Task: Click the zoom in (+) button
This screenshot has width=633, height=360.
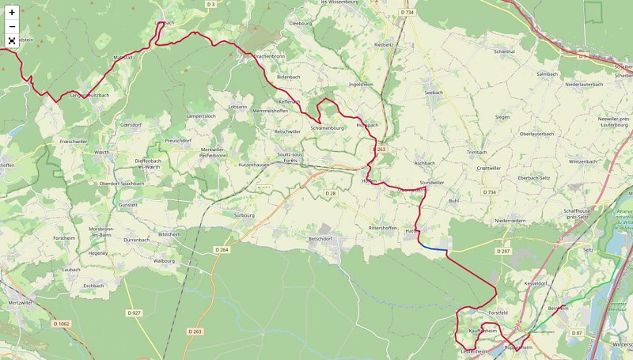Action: click(12, 12)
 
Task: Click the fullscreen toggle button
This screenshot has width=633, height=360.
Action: click(12, 40)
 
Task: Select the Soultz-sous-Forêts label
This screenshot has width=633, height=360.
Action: click(290, 157)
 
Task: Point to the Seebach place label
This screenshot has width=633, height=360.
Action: click(434, 93)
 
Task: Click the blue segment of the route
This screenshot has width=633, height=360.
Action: click(433, 248)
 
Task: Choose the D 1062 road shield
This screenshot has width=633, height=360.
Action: click(61, 324)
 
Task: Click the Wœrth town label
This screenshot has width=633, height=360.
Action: click(101, 152)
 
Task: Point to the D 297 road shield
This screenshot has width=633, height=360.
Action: click(503, 251)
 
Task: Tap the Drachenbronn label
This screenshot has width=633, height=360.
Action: click(269, 57)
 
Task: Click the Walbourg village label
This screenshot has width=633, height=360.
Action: click(163, 260)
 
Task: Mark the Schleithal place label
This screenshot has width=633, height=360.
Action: click(504, 51)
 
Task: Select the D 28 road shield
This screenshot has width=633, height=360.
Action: click(331, 193)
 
